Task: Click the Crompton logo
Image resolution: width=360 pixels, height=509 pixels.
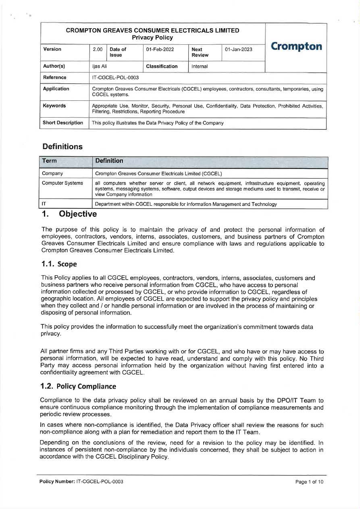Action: click(296, 46)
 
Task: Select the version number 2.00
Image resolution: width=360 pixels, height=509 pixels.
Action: click(98, 50)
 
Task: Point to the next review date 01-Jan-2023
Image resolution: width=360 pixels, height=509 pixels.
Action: click(239, 50)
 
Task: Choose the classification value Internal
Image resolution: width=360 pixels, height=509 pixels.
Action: click(200, 66)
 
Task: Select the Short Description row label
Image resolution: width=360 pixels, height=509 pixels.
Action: click(63, 123)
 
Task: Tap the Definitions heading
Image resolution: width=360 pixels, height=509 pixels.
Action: click(62, 147)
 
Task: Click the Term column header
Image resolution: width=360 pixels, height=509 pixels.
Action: click(50, 161)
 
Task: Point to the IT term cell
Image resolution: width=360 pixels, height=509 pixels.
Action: click(44, 204)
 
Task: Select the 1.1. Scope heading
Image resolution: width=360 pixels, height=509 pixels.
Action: click(59, 264)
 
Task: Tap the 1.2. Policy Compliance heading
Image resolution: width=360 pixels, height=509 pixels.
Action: click(78, 386)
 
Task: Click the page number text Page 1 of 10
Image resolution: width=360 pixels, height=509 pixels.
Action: click(309, 482)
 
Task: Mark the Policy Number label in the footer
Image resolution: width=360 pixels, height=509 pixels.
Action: click(57, 482)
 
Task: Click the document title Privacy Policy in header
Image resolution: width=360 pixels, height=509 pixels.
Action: click(152, 37)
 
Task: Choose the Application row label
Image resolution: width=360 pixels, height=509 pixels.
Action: click(56, 89)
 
